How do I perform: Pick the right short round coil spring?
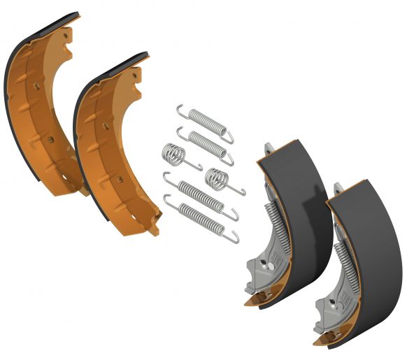[217, 180]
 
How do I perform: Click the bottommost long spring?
[202, 216]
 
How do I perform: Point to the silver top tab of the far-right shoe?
[338, 188]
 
